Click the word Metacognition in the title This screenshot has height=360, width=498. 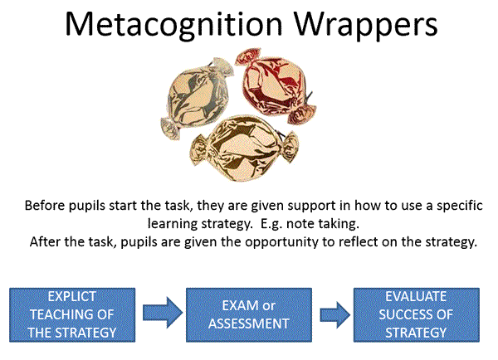173,25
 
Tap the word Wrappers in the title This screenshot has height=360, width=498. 367,25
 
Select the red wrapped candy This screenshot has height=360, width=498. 276,85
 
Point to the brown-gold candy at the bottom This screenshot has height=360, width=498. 245,148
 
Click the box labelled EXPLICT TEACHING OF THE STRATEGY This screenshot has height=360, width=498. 72,315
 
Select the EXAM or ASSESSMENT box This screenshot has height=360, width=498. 249,315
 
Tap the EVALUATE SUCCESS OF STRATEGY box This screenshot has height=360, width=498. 417,315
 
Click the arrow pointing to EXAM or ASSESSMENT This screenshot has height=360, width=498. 163,313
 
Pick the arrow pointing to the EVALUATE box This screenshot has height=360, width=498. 335,315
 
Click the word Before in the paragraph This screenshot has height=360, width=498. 45,206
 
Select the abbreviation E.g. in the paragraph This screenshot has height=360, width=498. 271,225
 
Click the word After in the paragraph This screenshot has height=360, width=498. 46,242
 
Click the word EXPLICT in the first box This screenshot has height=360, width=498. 72,297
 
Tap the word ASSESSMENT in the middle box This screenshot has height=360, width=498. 249,324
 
